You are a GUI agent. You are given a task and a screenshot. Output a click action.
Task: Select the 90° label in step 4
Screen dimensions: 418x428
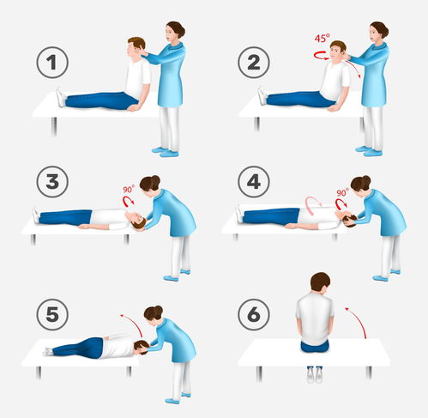pyautogui.click(x=342, y=193)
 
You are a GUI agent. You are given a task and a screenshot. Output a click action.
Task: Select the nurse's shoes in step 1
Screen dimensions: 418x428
pyautogui.click(x=169, y=152)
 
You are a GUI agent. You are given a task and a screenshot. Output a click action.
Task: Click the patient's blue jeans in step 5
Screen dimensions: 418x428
pyautogui.click(x=75, y=347)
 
